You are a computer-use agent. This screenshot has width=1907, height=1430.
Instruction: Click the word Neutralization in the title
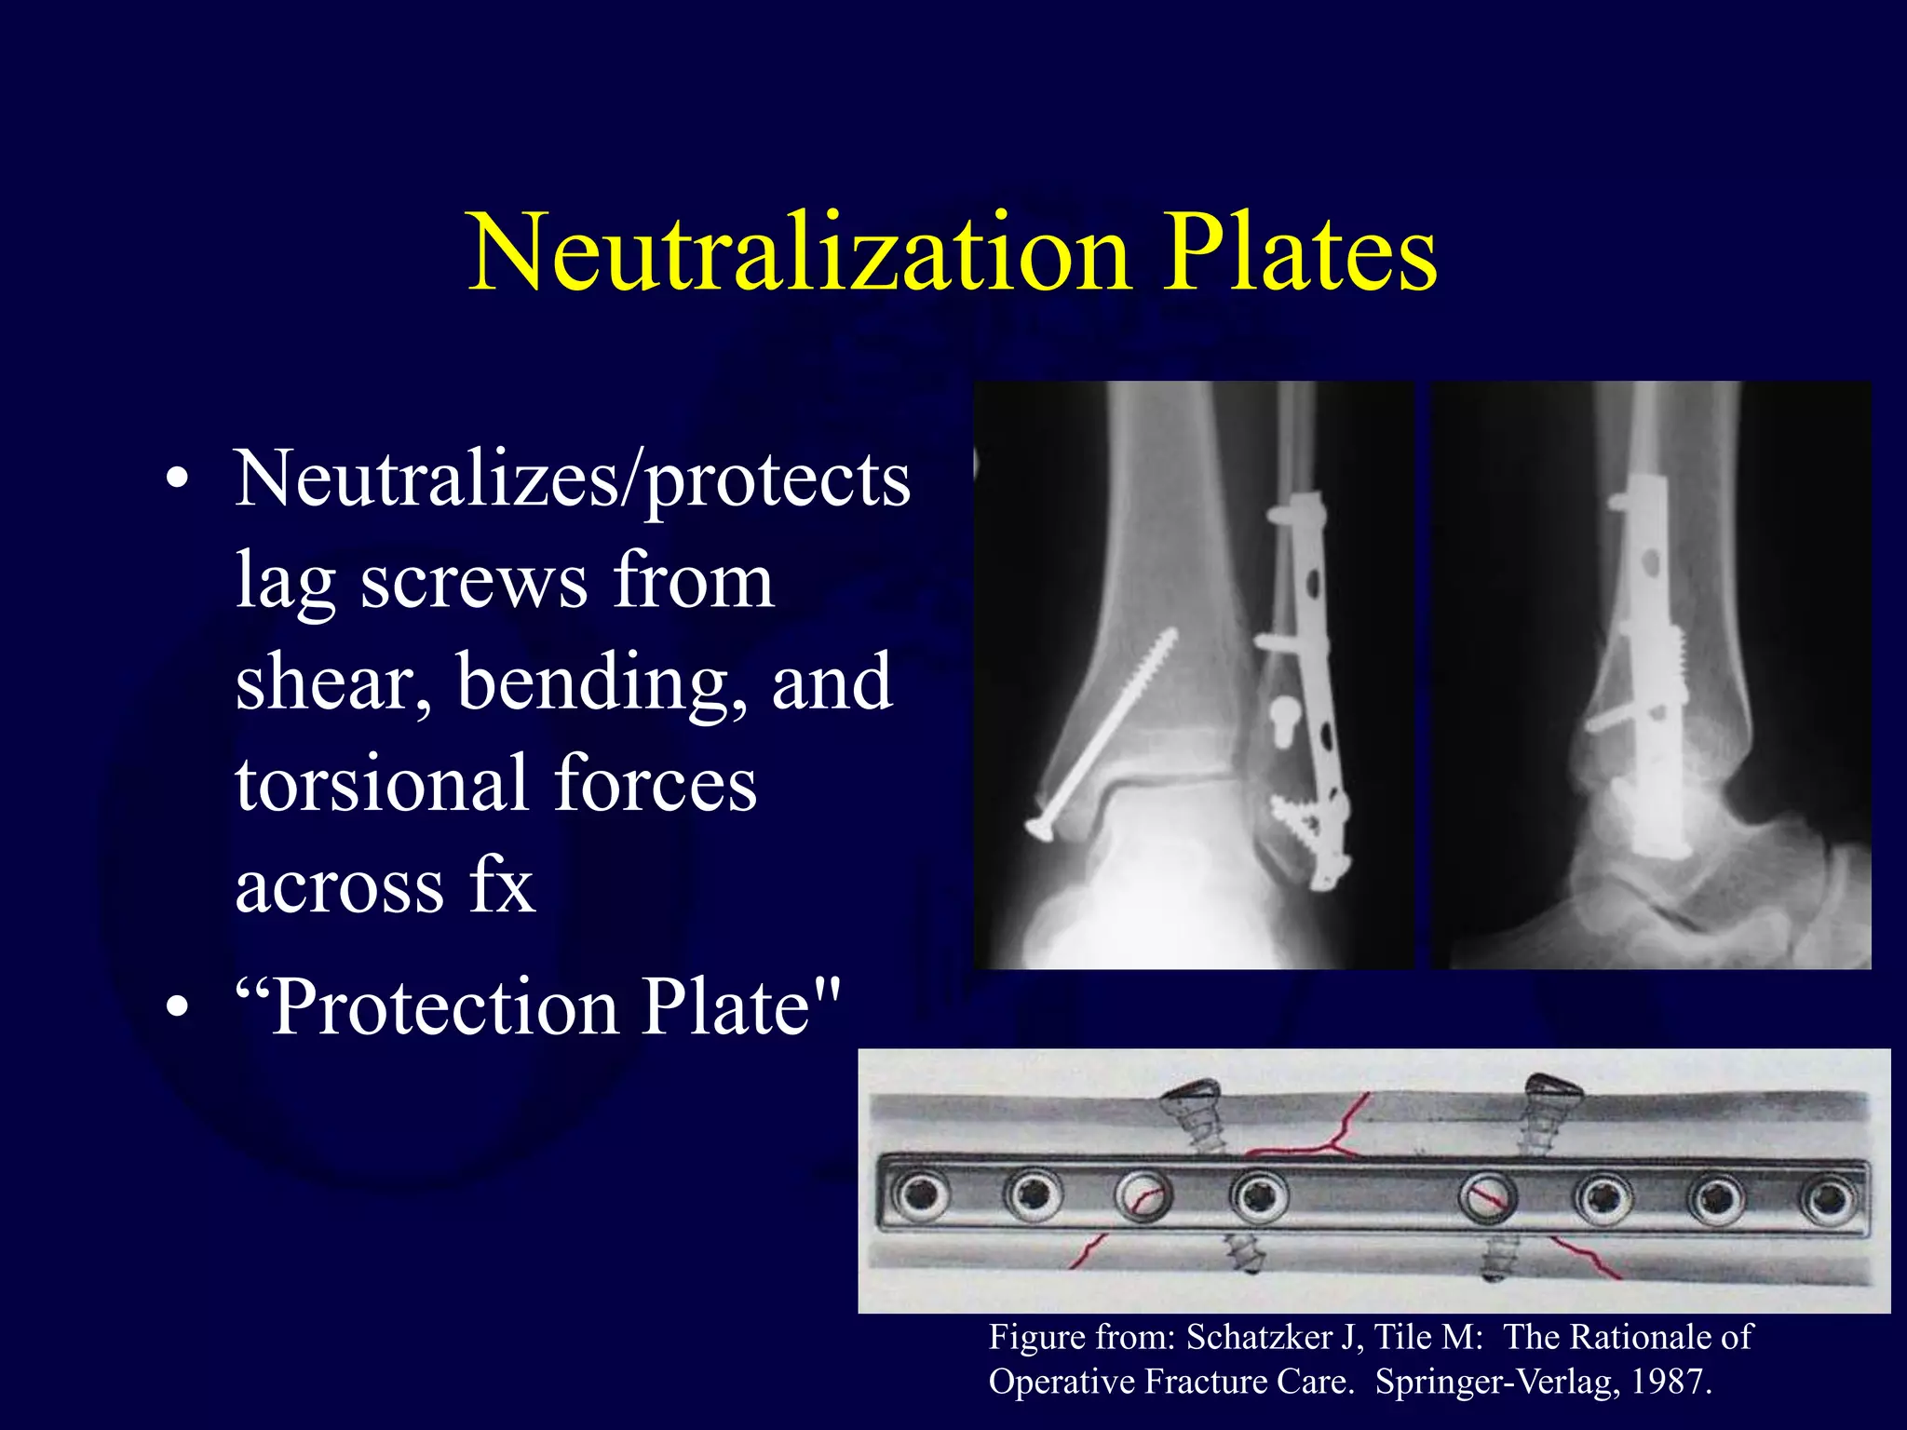(799, 253)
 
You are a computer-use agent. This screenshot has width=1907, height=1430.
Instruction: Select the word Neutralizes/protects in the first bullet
(572, 480)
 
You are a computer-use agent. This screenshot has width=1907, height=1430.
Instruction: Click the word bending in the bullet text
(602, 681)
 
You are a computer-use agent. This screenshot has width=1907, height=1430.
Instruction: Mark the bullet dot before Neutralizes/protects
(178, 482)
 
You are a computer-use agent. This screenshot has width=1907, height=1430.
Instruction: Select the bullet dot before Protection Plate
(178, 1007)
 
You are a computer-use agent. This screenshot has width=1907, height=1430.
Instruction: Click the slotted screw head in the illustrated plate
(1487, 1197)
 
